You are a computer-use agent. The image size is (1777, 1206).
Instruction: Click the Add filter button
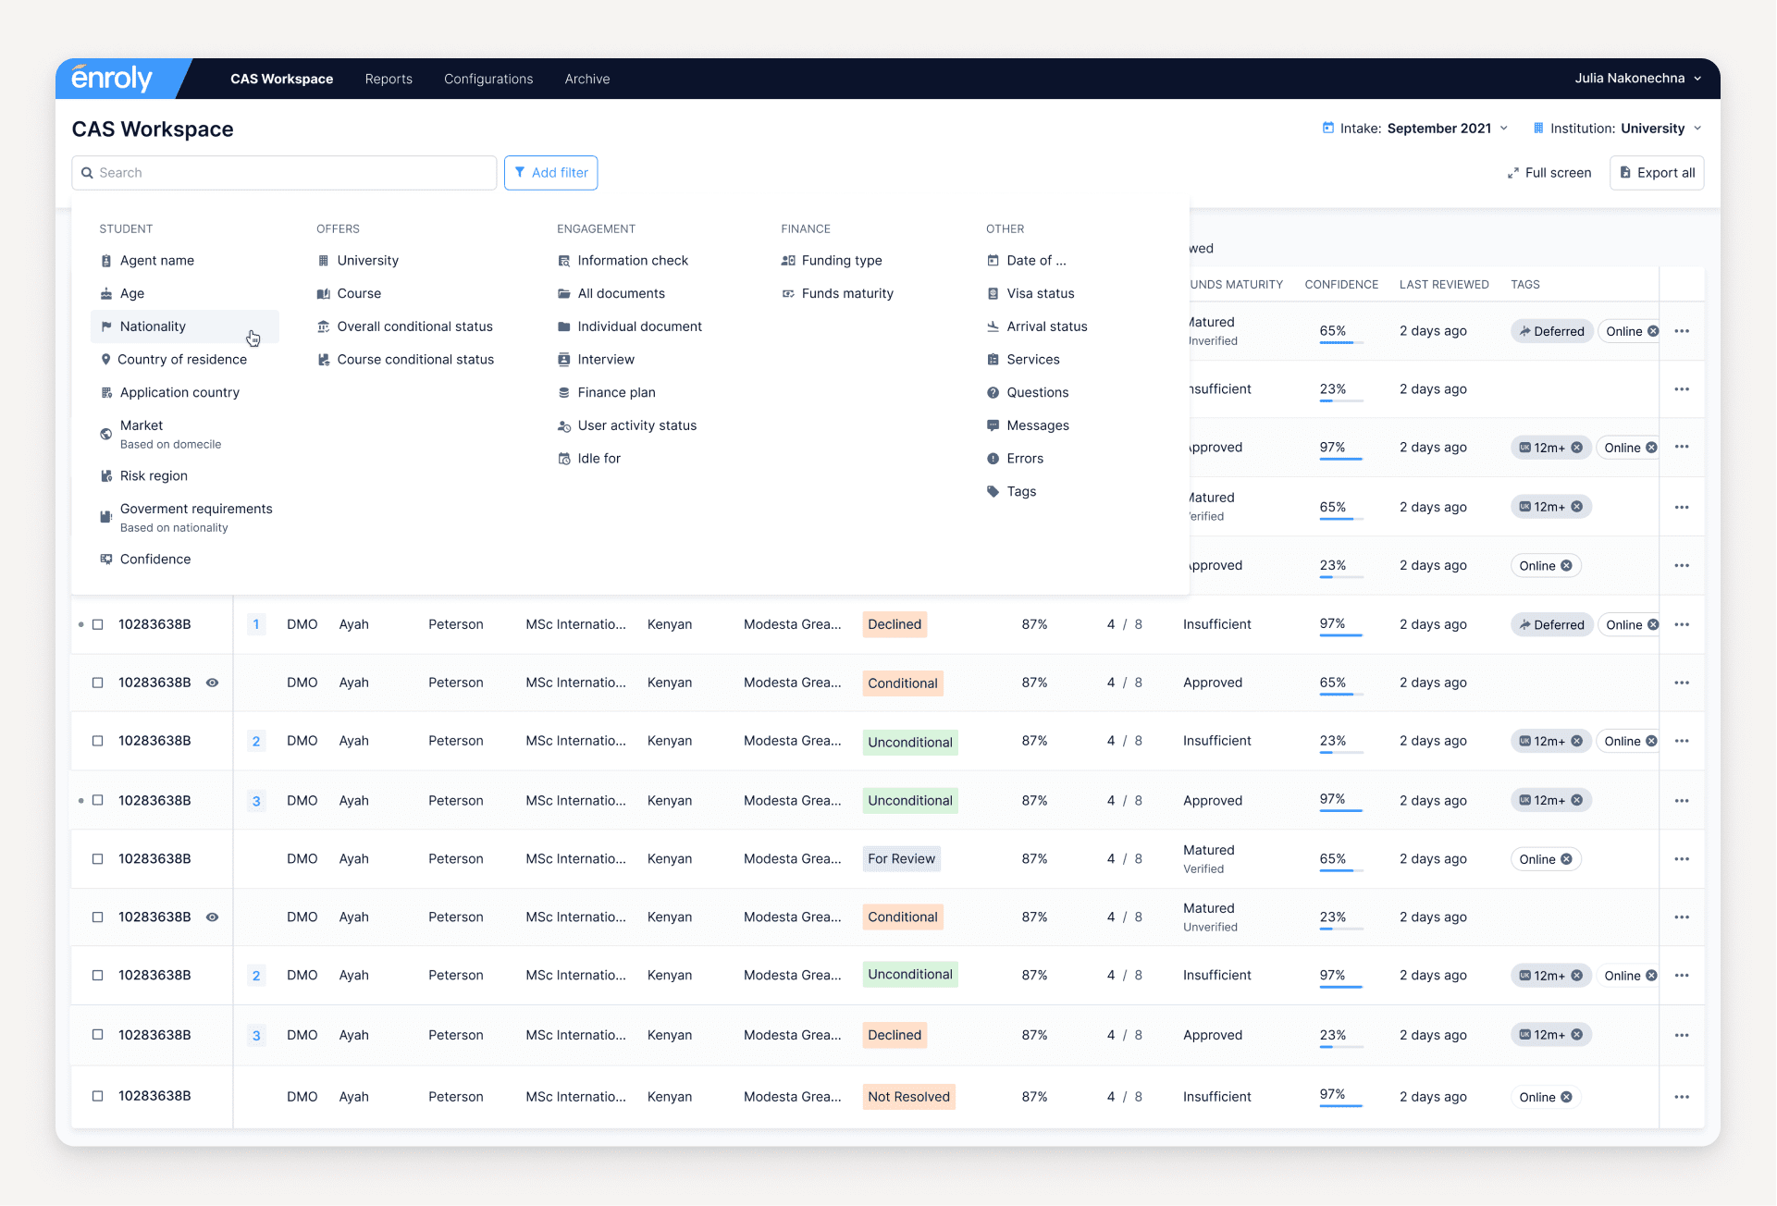[x=550, y=173]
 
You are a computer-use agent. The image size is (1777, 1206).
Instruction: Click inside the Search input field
[x=287, y=173]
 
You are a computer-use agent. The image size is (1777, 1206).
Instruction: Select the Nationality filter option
[x=153, y=326]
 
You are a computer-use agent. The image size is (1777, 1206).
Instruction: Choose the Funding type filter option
[x=841, y=261]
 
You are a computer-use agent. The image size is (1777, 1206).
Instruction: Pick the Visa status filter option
[x=1040, y=294]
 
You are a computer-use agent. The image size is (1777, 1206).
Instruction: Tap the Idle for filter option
[x=599, y=459]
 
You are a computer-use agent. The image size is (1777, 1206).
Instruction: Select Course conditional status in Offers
[x=414, y=360]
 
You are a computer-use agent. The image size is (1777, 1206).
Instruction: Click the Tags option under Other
[x=1020, y=492]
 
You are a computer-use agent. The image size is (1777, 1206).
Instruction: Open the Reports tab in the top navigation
[x=389, y=80]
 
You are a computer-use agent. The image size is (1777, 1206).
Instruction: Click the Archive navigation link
[x=587, y=80]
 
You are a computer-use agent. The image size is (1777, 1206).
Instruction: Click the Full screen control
[x=1549, y=173]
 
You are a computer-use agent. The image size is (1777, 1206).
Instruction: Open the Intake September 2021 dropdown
[x=1415, y=129]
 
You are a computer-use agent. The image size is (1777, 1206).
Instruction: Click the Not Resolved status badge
[x=908, y=1097]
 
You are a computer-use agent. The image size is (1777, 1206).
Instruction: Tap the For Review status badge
[x=901, y=859]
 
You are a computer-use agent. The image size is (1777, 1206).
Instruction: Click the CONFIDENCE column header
[x=1341, y=285]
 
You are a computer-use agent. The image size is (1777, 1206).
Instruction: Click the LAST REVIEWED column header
[x=1443, y=285]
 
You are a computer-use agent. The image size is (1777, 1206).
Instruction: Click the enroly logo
[x=112, y=80]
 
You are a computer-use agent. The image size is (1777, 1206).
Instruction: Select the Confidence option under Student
[x=154, y=560]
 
